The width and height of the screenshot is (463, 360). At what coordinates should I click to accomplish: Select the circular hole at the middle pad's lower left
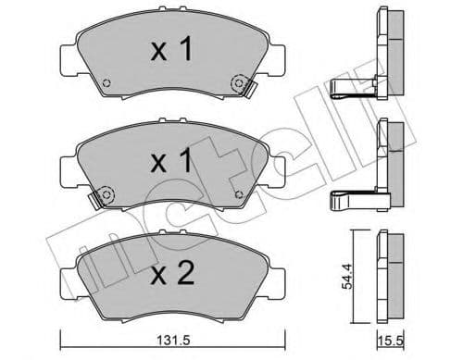(103, 196)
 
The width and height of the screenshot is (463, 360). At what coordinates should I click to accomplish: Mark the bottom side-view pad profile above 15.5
(394, 267)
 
